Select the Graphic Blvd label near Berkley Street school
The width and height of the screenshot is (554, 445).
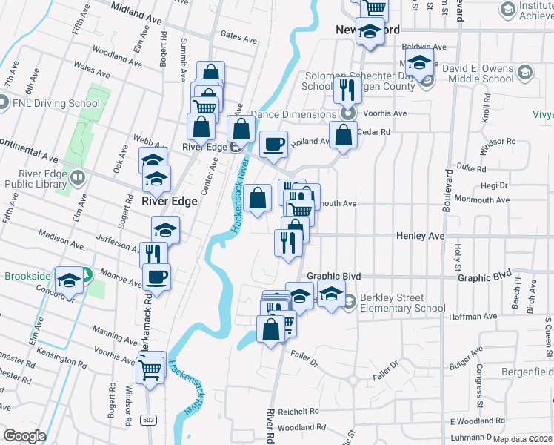pyautogui.click(x=334, y=276)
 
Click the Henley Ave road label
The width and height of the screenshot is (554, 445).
pyautogui.click(x=420, y=235)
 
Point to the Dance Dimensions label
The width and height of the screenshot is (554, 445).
pyautogui.click(x=293, y=114)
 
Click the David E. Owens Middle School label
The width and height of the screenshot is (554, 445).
pyautogui.click(x=478, y=73)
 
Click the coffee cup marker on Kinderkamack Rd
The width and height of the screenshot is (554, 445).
pyautogui.click(x=156, y=279)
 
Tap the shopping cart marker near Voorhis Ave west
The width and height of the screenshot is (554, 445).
pyautogui.click(x=151, y=369)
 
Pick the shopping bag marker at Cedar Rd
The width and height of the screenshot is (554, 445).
pyautogui.click(x=343, y=136)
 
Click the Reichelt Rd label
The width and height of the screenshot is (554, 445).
pyautogui.click(x=298, y=411)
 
